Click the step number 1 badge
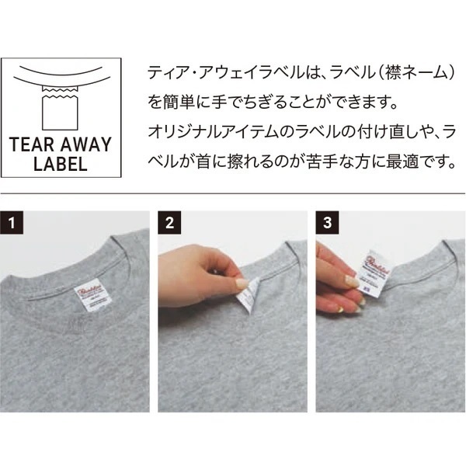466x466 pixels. click(13, 223)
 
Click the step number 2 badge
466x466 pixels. click(170, 223)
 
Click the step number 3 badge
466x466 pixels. click(327, 223)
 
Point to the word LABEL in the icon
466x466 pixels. click(61, 164)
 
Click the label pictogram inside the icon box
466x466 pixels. click(61, 108)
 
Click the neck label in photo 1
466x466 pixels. click(85, 295)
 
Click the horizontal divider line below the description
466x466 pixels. click(233, 193)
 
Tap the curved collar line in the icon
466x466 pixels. click(61, 78)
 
